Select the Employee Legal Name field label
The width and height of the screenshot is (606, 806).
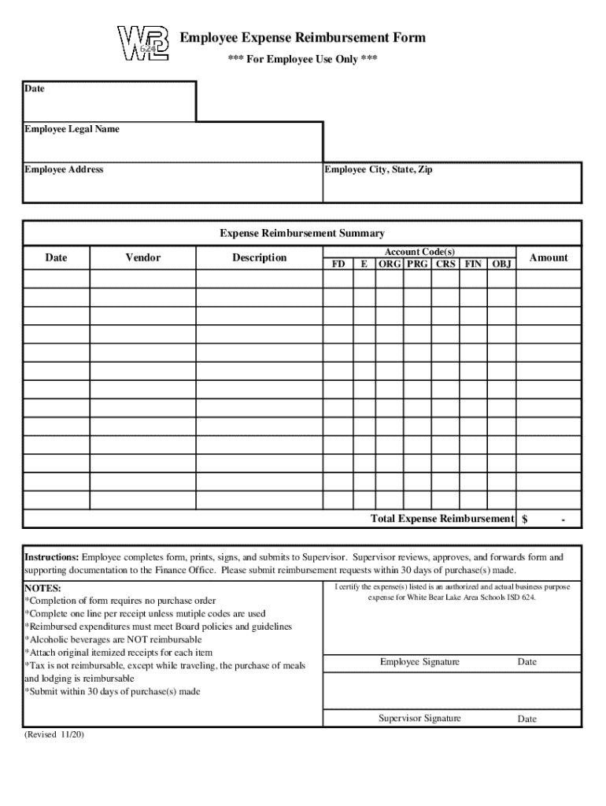pyautogui.click(x=72, y=129)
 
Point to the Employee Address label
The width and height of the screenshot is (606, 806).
pyautogui.click(x=64, y=169)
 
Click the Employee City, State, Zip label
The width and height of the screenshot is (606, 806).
pyautogui.click(x=379, y=169)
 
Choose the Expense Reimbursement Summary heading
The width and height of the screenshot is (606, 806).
pyautogui.click(x=302, y=233)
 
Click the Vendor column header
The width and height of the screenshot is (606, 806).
pyautogui.click(x=142, y=257)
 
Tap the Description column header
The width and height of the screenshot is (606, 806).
pyautogui.click(x=259, y=257)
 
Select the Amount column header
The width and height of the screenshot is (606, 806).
pyautogui.click(x=549, y=257)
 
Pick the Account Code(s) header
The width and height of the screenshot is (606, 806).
pyautogui.click(x=419, y=251)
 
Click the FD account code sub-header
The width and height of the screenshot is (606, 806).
pyautogui.click(x=338, y=264)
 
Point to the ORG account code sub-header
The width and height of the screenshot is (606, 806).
pyautogui.click(x=390, y=264)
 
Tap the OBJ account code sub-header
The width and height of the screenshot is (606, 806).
pyautogui.click(x=501, y=264)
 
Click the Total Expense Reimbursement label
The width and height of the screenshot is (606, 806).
pyautogui.click(x=442, y=519)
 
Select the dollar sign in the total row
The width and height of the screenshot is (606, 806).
pyautogui.click(x=525, y=519)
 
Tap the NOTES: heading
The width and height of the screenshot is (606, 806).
pyautogui.click(x=42, y=588)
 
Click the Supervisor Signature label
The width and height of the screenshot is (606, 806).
pyautogui.click(x=419, y=718)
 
